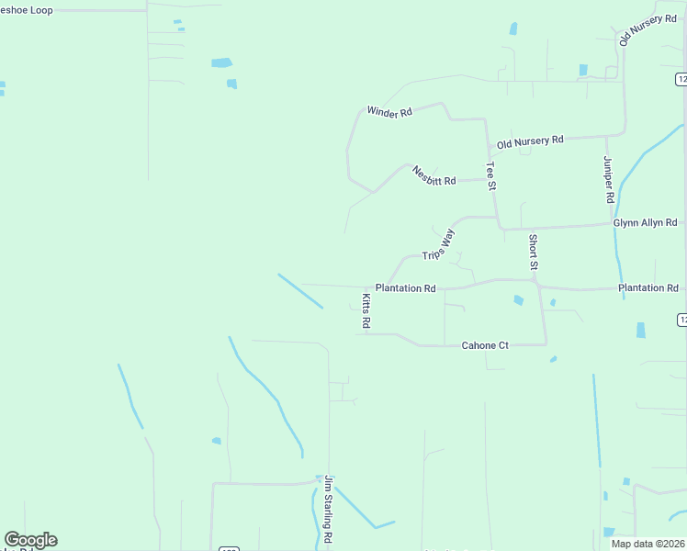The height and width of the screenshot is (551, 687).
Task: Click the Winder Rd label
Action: [389, 111]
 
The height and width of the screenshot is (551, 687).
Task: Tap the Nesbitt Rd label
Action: [434, 175]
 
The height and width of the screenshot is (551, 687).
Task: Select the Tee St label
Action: [491, 176]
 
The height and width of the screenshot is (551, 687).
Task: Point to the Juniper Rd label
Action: [608, 179]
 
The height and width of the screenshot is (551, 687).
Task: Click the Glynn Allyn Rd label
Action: [645, 222]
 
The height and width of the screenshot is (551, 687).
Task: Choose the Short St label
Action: [533, 252]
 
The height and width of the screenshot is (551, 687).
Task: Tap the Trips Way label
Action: [438, 245]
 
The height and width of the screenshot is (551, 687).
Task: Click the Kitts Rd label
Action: [366, 310]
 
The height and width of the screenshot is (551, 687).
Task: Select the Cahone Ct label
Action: [485, 345]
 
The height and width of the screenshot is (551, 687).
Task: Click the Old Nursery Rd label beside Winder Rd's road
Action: [530, 141]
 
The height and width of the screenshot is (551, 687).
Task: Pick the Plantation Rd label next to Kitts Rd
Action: [405, 288]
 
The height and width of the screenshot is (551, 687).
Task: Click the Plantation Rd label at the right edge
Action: [648, 288]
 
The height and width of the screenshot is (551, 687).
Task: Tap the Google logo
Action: [30, 540]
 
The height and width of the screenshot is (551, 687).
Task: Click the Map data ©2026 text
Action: [647, 544]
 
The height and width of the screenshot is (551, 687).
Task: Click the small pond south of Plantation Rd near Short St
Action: [519, 300]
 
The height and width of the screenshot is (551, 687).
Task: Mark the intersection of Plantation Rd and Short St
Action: [538, 281]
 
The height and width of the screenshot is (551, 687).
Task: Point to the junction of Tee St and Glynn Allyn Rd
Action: [498, 228]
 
